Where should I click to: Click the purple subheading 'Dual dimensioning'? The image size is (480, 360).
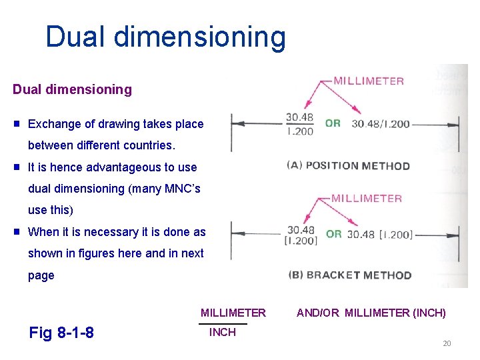point(72,89)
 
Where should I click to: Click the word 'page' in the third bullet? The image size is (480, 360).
point(41,275)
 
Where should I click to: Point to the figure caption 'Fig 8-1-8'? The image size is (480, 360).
point(61,332)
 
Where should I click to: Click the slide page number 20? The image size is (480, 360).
point(447,343)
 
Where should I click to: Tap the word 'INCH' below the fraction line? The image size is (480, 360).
point(222,332)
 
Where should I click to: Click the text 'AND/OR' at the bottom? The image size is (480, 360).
point(318,313)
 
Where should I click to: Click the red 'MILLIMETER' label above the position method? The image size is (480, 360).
point(369,81)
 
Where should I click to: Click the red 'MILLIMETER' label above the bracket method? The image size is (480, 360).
point(367,199)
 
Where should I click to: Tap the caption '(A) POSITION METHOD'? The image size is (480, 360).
point(348,165)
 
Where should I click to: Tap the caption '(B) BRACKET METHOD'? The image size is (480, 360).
point(349,275)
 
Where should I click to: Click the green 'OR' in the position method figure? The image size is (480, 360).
point(333,123)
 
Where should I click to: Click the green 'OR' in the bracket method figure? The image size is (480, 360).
point(333,234)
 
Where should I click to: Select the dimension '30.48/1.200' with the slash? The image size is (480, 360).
point(381,124)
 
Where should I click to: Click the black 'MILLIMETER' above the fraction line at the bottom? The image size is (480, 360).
point(233,313)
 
